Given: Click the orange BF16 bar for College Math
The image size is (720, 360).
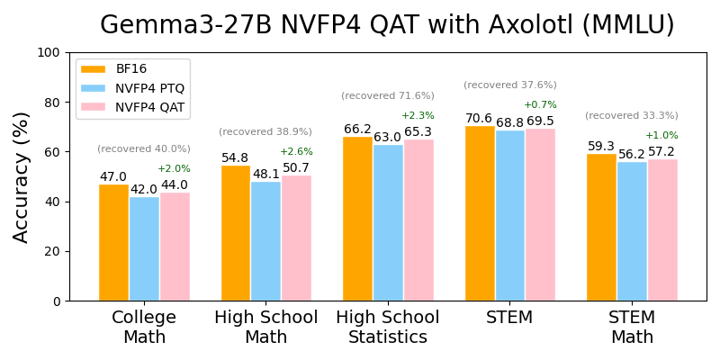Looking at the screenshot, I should click(x=113, y=242).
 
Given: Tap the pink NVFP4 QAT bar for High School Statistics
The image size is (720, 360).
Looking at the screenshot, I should click(x=418, y=220).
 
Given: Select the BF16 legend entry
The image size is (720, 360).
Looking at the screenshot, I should click(x=130, y=68).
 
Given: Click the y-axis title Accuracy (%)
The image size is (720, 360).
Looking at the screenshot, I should click(x=22, y=176).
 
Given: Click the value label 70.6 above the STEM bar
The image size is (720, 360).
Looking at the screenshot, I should click(x=479, y=119).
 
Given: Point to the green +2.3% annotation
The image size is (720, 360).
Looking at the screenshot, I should click(x=418, y=116).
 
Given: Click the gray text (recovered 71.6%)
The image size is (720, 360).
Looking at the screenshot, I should click(x=388, y=96).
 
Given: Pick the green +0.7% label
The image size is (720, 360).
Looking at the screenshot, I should click(x=540, y=105).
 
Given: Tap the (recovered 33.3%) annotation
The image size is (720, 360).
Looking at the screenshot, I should click(x=632, y=116).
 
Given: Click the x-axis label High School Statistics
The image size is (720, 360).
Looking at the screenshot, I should click(x=388, y=328).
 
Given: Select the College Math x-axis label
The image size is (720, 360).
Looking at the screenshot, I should click(x=144, y=328).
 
